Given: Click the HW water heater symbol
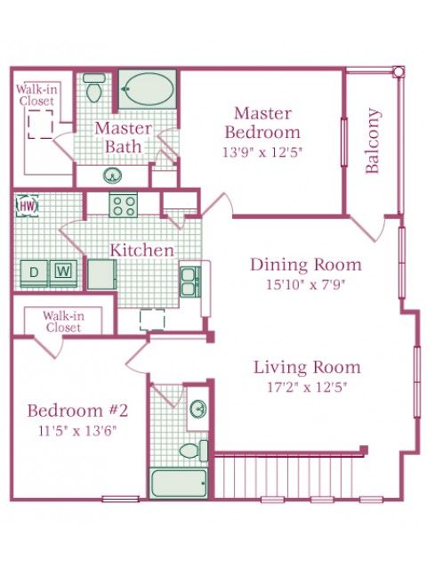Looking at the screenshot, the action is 28,206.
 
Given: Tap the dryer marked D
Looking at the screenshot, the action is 34,273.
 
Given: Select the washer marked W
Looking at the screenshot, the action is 63,273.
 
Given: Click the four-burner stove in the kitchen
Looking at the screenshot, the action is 124,206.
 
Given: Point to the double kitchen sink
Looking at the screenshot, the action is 190,282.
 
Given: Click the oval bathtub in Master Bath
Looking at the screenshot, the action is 148,89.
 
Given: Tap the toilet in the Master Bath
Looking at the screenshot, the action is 93,87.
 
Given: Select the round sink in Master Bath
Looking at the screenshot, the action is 112,176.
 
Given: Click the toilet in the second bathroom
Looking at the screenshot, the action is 194,451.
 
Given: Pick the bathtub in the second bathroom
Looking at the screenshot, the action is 178,484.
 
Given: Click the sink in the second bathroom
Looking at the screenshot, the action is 198,408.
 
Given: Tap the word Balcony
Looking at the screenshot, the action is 373,141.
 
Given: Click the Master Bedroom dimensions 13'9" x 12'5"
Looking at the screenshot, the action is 262,152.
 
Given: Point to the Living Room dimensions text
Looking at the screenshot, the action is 307,387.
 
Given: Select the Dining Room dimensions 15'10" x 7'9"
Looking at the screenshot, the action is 305,284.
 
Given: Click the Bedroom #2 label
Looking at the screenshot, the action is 77,411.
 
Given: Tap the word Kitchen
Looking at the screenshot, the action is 142,250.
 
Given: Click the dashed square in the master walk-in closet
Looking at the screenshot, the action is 40,125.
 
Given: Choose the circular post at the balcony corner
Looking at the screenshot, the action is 399,71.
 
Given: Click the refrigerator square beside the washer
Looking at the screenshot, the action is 102,274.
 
